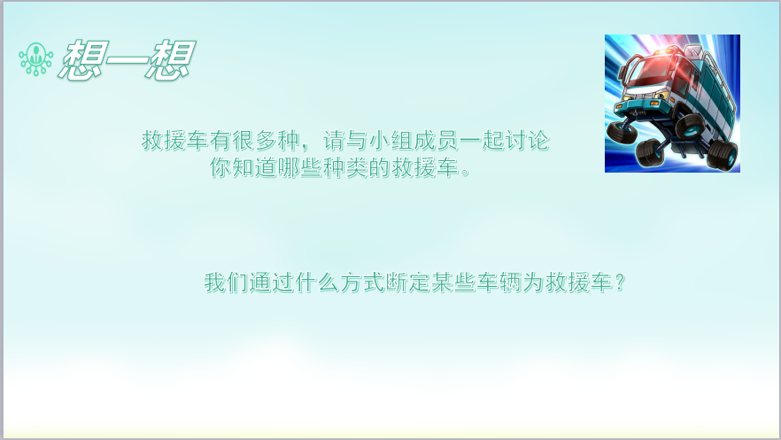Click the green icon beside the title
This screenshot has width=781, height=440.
click(x=35, y=58)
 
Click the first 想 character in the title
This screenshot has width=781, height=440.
click(x=83, y=60)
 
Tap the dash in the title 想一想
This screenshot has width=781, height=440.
click(x=127, y=61)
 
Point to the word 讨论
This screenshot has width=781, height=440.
click(x=527, y=141)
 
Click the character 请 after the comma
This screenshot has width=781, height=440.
click(x=334, y=141)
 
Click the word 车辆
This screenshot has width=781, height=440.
click(x=499, y=282)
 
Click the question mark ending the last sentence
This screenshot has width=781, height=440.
click(x=619, y=282)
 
